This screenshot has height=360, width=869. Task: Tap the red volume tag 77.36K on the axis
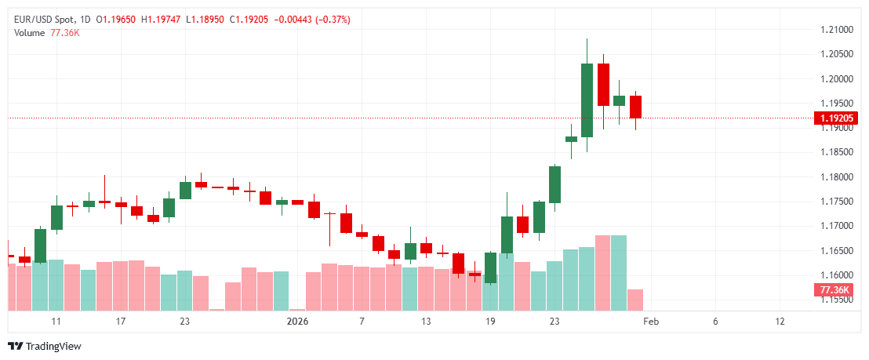[x=835, y=290]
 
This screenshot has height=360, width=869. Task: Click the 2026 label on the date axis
[x=298, y=322]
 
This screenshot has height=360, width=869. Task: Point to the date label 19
[x=490, y=322]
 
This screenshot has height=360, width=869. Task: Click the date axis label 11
[x=56, y=322]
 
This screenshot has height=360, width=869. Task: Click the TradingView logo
[x=45, y=346]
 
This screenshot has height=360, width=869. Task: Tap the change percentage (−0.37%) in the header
[x=330, y=19]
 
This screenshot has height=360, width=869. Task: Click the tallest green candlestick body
[x=587, y=100]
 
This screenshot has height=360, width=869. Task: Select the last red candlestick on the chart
[x=635, y=107]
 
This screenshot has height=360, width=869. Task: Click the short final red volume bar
[x=635, y=300]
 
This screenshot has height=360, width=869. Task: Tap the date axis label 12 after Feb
[x=780, y=322]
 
